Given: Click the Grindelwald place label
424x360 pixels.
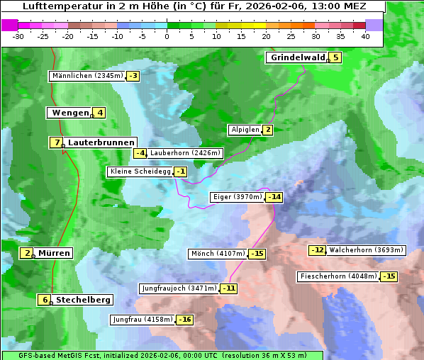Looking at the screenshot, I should [297, 57].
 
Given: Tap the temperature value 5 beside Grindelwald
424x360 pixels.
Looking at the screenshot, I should [335, 57].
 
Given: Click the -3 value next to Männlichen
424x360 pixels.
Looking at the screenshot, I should [133, 76].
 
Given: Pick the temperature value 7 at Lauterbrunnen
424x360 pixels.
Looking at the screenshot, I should [56, 142].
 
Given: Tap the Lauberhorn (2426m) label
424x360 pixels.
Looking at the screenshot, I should [186, 152].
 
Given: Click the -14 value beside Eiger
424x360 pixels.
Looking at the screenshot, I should [274, 197].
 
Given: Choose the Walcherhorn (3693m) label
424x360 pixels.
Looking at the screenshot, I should [367, 250].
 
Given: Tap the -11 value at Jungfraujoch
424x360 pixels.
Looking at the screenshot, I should [228, 288].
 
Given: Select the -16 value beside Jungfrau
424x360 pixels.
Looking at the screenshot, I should [184, 320].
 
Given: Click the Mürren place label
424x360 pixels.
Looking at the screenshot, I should [54, 253].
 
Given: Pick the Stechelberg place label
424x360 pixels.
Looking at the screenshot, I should [83, 300].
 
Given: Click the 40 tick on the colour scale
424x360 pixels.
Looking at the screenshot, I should [365, 36].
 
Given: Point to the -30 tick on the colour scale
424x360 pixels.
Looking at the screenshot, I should [18, 36].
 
